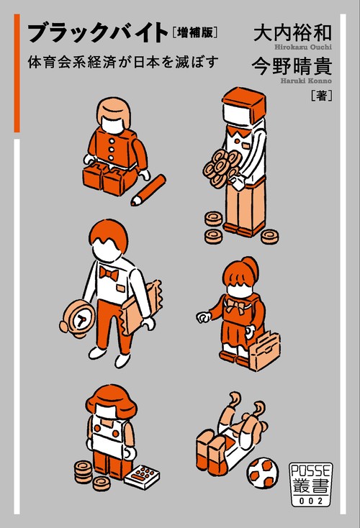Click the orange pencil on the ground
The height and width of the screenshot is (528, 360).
(x=148, y=190)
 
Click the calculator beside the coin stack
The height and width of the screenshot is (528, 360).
(x=142, y=476)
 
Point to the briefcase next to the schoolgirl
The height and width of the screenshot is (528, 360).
(x=265, y=351)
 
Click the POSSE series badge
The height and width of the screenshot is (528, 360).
(x=311, y=485)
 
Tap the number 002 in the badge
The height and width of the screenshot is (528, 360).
(x=311, y=501)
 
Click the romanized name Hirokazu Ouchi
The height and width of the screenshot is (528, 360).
(x=303, y=47)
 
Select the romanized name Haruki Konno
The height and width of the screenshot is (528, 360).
(x=306, y=81)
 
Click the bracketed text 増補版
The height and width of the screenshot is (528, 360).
(x=194, y=32)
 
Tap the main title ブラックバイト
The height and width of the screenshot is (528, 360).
(x=98, y=33)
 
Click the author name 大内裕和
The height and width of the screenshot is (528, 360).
(x=292, y=32)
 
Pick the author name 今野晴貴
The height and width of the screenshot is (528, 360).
(x=292, y=66)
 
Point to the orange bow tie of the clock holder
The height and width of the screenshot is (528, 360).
(x=109, y=273)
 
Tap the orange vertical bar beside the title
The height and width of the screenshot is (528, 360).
(x=17, y=73)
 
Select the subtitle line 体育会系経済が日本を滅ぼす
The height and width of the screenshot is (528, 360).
(x=123, y=63)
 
